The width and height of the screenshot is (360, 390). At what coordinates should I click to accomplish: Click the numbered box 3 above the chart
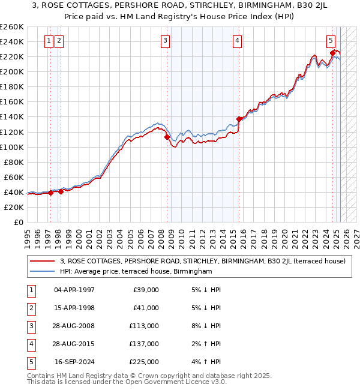[x=165, y=41]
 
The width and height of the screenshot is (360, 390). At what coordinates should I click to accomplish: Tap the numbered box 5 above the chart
[x=331, y=41]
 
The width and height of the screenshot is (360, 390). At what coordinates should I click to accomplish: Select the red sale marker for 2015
[x=239, y=119]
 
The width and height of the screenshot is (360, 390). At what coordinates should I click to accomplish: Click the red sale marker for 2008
[x=166, y=137]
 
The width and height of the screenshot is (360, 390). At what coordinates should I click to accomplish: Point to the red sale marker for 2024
[x=332, y=53]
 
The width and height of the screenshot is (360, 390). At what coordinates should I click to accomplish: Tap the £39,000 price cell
[x=145, y=290]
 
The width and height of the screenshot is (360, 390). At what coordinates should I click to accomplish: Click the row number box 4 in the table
[x=31, y=344]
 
